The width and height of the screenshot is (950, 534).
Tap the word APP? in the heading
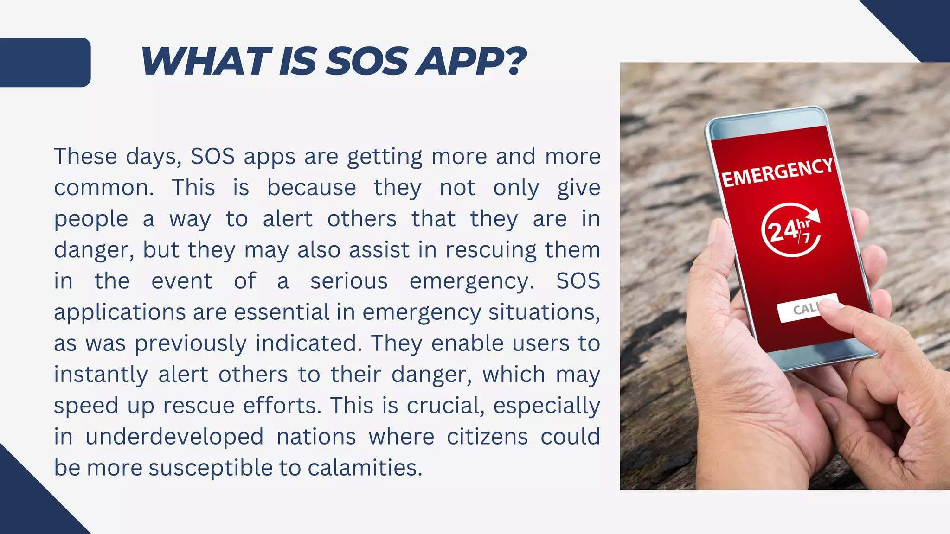click(x=471, y=61)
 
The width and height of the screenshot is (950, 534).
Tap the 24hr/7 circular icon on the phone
click(x=790, y=230)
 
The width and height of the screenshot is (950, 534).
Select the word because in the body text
click(x=311, y=188)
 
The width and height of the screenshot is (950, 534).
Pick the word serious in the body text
click(x=349, y=281)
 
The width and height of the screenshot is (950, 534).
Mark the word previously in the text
click(x=190, y=344)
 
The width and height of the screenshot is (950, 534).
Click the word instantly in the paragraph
click(x=101, y=375)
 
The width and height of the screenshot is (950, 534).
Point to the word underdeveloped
click(x=174, y=437)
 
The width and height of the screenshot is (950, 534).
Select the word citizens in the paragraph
click(x=487, y=437)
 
